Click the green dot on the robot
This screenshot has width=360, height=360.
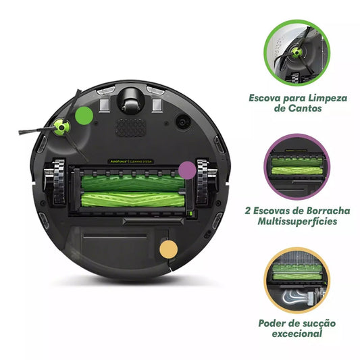(84, 115)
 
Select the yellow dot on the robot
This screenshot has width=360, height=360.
(168, 248)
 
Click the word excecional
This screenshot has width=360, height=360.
(298, 333)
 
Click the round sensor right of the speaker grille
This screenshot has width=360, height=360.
(181, 123)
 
